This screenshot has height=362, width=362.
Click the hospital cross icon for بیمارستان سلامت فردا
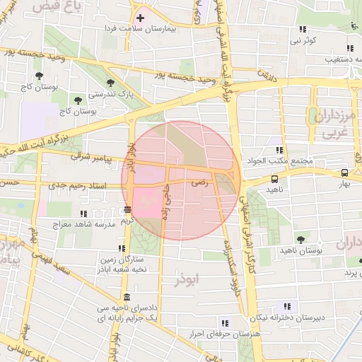point(141,18)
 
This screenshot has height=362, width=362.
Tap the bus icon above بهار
point(344,173)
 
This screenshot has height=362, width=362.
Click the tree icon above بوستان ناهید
point(302,240)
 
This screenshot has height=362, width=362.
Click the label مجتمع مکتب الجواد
point(282,160)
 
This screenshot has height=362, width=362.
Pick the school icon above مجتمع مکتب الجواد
point(279,150)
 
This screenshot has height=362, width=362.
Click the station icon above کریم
point(127,209)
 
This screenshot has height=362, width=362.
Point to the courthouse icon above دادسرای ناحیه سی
point(127,297)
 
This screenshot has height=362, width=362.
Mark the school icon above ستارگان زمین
point(122,248)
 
